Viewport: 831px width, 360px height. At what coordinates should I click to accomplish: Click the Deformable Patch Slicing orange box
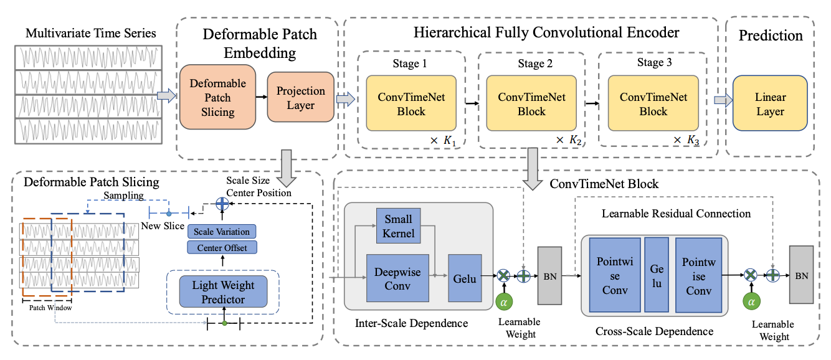tap(218, 98)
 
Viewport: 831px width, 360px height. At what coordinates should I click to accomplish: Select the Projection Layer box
tap(301, 97)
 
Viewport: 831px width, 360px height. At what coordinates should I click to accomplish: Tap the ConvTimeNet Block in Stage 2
tap(531, 104)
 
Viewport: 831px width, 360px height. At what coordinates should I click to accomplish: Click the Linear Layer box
tap(771, 104)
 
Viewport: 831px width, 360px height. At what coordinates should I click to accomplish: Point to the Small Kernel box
tap(399, 226)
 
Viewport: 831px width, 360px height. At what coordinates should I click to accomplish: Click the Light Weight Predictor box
tap(222, 292)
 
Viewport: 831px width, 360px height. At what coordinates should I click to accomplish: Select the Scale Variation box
tap(221, 232)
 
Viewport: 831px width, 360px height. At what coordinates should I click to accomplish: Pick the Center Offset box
tap(221, 248)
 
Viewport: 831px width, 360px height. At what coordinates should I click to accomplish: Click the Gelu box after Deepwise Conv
tap(465, 278)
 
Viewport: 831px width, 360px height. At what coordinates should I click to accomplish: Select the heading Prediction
tap(771, 36)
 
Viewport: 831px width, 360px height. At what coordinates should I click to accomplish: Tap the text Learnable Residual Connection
tap(675, 214)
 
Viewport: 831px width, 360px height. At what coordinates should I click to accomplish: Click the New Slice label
tap(163, 225)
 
